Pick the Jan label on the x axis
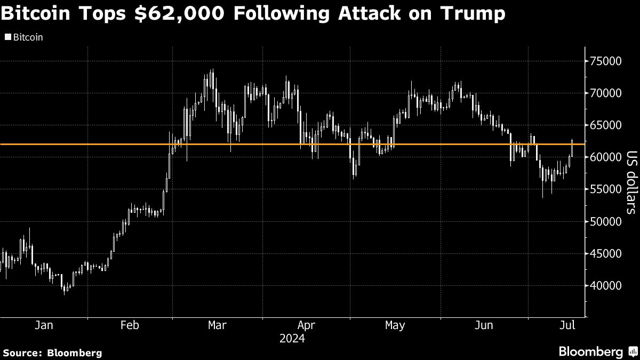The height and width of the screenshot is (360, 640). [43, 325]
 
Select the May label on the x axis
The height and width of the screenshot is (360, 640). [395, 325]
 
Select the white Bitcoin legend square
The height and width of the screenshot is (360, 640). [7, 38]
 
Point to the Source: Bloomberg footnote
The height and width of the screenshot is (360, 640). [52, 353]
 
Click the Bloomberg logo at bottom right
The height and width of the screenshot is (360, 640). [597, 351]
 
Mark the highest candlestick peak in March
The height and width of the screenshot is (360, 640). [212, 70]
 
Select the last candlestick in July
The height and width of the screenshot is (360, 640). [572, 144]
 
